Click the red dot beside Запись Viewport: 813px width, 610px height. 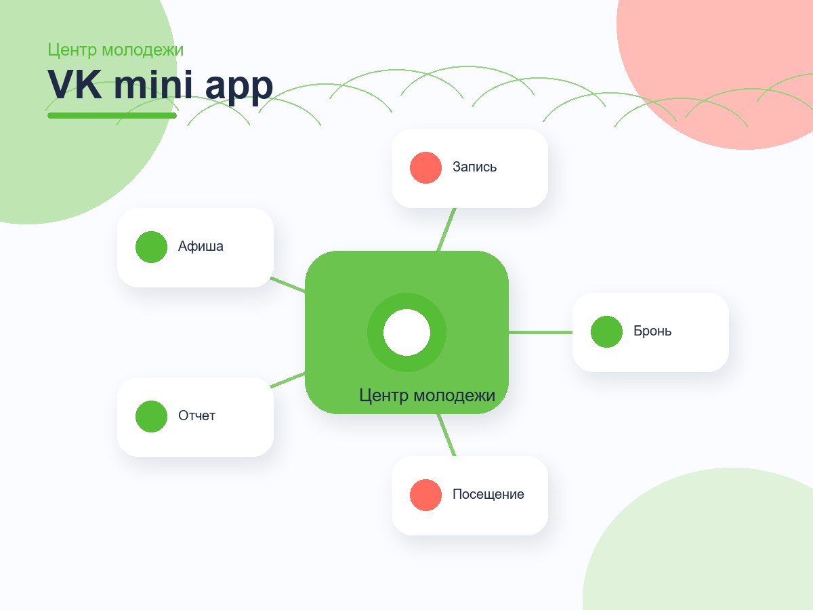425,168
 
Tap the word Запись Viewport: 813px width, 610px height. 474,167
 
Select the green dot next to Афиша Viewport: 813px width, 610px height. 152,247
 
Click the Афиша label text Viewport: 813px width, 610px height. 201,246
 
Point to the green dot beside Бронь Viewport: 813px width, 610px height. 606,332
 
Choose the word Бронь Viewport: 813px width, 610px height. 652,331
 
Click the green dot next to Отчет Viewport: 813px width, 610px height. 152,416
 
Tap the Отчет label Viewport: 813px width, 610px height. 196,415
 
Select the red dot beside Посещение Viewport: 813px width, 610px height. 425,495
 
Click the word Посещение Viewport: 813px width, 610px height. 488,495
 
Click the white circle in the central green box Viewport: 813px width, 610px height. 406,332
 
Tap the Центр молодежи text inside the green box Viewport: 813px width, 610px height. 427,396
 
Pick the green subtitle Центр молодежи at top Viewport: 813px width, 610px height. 116,50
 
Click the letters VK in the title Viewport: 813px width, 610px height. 75,85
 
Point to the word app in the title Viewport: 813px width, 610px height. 239,89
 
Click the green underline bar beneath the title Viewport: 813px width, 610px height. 112,115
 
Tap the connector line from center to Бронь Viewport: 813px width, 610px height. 541,332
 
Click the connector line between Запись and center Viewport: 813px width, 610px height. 446,230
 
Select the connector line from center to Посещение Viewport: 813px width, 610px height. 446,435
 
